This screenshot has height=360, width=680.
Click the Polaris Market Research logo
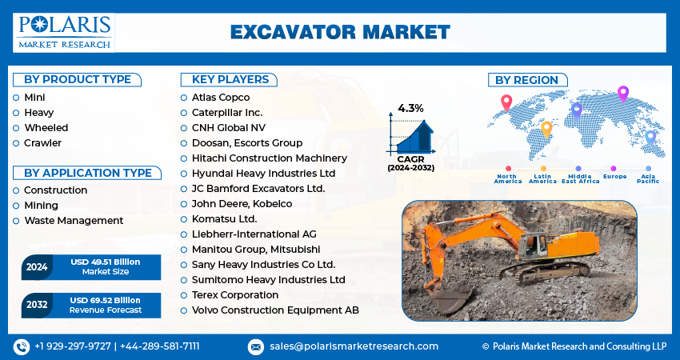pyautogui.click(x=64, y=33)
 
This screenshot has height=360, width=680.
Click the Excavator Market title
pyautogui.click(x=340, y=33)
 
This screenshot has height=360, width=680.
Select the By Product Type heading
pyautogui.click(x=77, y=80)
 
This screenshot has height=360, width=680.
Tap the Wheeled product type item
pyautogui.click(x=46, y=128)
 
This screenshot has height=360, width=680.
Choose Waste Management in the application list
pyautogui.click(x=74, y=221)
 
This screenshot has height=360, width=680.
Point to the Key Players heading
pyautogui.click(x=230, y=79)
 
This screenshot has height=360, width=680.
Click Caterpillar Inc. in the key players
pyautogui.click(x=227, y=113)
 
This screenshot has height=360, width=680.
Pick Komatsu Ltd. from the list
pyautogui.click(x=225, y=219)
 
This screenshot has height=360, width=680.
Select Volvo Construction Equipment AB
pyautogui.click(x=275, y=310)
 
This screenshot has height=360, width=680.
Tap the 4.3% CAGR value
pyautogui.click(x=410, y=108)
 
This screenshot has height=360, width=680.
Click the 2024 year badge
pyautogui.click(x=37, y=266)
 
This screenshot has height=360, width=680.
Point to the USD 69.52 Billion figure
pyautogui.click(x=106, y=300)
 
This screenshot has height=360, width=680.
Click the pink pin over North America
pyautogui.click(x=506, y=103)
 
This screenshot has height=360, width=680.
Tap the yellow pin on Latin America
pyautogui.click(x=546, y=130)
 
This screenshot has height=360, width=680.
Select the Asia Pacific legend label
pyautogui.click(x=648, y=178)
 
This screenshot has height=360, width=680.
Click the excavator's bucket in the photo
pyautogui.click(x=453, y=299)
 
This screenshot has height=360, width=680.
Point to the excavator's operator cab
pyautogui.click(x=532, y=246)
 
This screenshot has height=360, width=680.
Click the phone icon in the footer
pyautogui.click(x=22, y=347)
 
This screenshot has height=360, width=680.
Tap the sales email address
pyautogui.click(x=354, y=346)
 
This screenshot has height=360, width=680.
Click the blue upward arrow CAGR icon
pyautogui.click(x=414, y=136)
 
